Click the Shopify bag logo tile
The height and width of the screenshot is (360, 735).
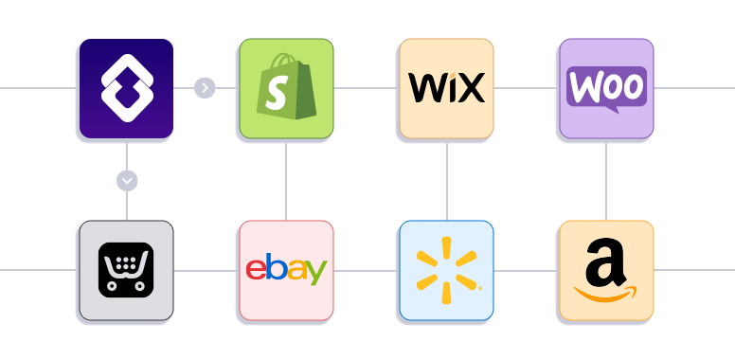tap(286, 87)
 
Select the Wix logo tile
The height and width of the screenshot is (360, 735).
tap(446, 87)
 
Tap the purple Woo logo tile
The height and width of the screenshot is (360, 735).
tap(606, 87)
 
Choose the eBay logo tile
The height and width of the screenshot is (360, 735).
tap(286, 270)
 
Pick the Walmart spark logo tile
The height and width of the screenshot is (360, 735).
tap(446, 270)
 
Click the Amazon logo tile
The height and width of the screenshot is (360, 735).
tap(606, 270)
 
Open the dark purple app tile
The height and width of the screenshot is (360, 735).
tap(126, 87)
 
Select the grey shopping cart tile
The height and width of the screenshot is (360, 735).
tap(126, 270)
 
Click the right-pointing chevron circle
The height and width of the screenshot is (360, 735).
tap(206, 88)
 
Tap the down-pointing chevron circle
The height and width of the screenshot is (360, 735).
tap(127, 180)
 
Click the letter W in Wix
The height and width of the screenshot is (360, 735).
tap(424, 88)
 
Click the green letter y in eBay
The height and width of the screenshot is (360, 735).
tap(316, 273)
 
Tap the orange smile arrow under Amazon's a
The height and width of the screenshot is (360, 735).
tap(606, 295)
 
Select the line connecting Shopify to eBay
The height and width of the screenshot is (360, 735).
tap(286, 182)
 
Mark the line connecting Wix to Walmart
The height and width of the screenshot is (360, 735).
tap(446, 182)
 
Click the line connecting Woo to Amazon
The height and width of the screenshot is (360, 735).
tap(606, 182)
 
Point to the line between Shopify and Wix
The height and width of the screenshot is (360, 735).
tap(366, 88)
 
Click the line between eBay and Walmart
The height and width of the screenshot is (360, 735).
tap(366, 270)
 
